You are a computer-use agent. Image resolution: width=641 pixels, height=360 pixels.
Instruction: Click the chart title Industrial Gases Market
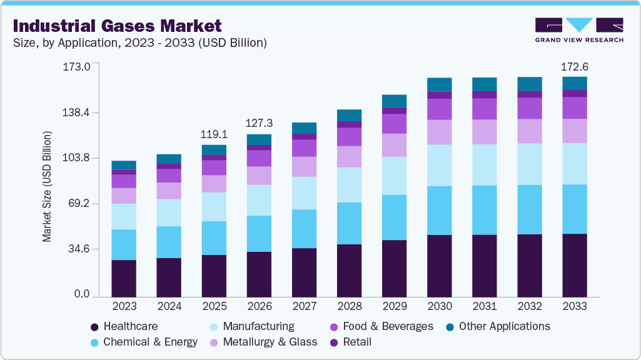point(117,26)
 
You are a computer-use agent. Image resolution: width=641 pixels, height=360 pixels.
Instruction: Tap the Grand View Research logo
point(579,30)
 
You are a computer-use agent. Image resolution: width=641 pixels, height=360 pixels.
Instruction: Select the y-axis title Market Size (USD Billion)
point(47,186)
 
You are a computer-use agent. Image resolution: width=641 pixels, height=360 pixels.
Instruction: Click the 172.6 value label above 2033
point(575,66)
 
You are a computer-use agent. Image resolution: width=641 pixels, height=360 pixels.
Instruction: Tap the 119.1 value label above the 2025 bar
point(214,134)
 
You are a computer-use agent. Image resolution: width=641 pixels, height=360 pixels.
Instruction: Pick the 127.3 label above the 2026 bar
point(259,124)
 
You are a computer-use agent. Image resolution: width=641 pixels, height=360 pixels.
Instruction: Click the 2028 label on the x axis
point(349,307)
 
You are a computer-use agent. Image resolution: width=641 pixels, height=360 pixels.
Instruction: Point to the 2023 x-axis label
point(124,307)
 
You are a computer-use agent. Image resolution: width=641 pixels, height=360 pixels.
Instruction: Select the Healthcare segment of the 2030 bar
point(439,266)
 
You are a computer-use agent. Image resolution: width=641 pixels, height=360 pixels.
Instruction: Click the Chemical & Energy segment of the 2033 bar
point(575,209)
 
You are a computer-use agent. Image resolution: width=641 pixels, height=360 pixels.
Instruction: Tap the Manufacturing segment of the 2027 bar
point(304,193)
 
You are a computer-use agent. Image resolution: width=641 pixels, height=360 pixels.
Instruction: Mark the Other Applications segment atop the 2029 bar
point(394,101)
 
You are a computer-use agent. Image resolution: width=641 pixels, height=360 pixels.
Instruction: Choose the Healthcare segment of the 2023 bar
point(124,278)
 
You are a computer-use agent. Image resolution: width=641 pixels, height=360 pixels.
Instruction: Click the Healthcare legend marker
point(94,327)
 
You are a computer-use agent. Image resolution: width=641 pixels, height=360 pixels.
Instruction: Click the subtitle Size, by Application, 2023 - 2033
point(139,43)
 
